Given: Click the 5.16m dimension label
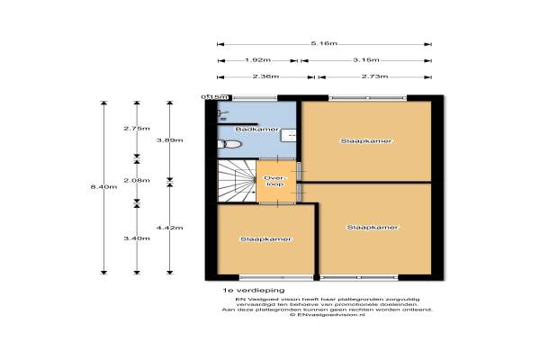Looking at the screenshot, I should [x=324, y=43].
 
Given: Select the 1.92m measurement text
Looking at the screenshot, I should [x=253, y=60].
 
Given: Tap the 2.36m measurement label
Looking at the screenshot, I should [x=265, y=77].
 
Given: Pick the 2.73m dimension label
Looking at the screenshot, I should [x=375, y=77].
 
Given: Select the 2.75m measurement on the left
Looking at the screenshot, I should [x=137, y=129].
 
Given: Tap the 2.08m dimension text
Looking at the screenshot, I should [x=137, y=180].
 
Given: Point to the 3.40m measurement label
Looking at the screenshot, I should [x=137, y=238].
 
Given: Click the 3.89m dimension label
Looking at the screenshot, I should [x=169, y=140].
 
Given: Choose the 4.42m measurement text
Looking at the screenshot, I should [x=169, y=228].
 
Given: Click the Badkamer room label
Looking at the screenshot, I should [x=250, y=131].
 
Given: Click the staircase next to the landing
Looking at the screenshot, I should [x=236, y=183].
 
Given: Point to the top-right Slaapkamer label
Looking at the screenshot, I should [x=366, y=141].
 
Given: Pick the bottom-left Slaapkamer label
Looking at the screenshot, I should [x=265, y=239].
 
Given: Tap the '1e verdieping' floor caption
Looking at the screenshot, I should [x=254, y=292].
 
